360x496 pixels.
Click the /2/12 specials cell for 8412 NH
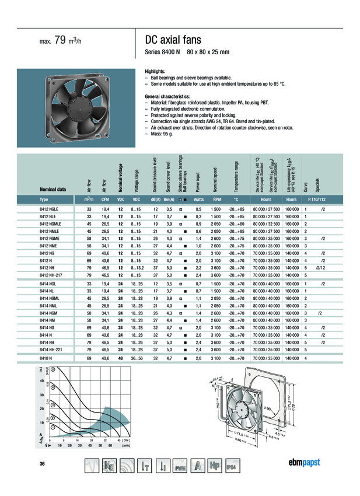(x=320, y=267)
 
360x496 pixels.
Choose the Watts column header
(x=198, y=200)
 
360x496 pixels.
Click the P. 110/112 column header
(x=312, y=200)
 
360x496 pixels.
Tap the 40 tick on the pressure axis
(x=42, y=381)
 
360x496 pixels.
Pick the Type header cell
(x=45, y=200)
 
